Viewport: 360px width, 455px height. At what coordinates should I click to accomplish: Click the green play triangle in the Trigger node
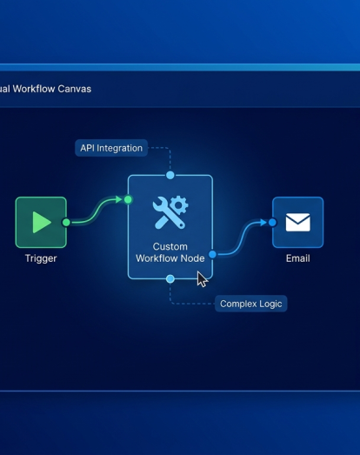(41, 222)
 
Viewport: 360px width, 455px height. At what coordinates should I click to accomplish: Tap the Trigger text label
(41, 258)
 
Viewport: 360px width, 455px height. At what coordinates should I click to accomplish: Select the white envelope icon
(298, 222)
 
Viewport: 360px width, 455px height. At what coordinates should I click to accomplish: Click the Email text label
(298, 258)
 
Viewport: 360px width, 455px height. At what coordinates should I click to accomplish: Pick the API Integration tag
(111, 148)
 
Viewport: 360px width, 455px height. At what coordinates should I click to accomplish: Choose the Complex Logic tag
(251, 304)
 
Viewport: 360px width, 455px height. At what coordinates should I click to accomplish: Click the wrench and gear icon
(170, 212)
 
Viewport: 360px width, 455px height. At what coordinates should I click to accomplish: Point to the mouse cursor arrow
(203, 279)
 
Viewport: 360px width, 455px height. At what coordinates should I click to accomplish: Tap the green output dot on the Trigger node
(66, 223)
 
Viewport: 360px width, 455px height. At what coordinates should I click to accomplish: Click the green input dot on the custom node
(128, 199)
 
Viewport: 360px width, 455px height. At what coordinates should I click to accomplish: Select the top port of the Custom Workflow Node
(170, 175)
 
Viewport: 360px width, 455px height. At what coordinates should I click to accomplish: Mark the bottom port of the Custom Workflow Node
(170, 279)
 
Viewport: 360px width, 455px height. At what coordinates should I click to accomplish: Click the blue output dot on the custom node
(213, 255)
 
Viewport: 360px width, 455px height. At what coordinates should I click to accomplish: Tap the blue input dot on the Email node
(272, 223)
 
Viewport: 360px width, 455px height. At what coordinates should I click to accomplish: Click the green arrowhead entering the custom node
(118, 199)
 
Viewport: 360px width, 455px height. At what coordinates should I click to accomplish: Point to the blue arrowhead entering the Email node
(263, 223)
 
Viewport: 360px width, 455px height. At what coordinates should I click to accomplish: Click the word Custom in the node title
(170, 247)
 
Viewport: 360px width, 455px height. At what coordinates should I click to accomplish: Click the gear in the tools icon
(179, 205)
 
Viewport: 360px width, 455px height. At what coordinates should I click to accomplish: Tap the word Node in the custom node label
(193, 258)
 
